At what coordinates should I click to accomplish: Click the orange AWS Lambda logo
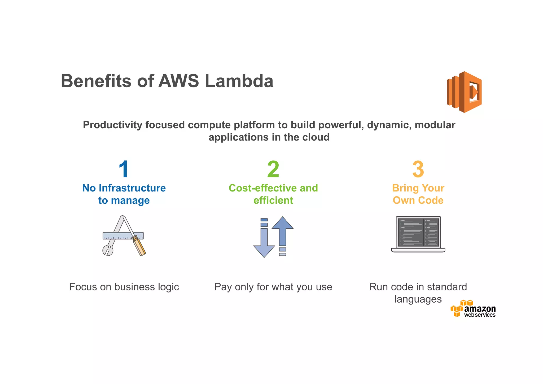[465, 92]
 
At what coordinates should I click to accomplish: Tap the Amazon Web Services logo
[473, 309]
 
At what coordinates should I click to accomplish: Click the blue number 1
[124, 169]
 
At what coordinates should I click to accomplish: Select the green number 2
[273, 169]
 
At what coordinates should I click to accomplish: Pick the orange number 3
[418, 169]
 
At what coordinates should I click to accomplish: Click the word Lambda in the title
[239, 81]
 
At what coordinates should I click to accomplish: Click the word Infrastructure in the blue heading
[132, 188]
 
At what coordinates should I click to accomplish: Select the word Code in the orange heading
[431, 200]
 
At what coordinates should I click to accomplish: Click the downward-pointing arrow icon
[264, 243]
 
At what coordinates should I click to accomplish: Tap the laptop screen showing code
[418, 232]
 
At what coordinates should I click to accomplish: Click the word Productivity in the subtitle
[112, 125]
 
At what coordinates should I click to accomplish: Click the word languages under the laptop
[418, 299]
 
